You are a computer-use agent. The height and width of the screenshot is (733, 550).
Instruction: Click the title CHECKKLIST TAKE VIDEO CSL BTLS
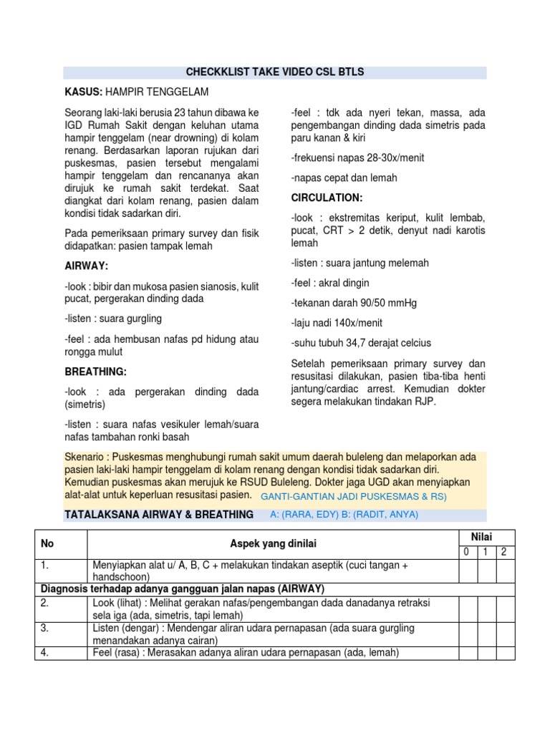point(274,72)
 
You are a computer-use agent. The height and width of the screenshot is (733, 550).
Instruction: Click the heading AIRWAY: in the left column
point(86,266)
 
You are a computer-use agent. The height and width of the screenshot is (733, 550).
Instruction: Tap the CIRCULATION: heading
point(327,197)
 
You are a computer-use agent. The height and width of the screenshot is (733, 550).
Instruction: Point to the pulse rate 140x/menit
point(356,323)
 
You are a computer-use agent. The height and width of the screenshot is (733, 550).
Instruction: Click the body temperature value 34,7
point(365,343)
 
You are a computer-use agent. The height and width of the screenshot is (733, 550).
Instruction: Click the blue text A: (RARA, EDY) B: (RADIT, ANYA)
point(344,515)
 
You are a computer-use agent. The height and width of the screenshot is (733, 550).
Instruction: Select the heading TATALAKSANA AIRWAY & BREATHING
point(159,515)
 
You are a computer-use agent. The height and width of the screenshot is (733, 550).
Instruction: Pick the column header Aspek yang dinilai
point(274,544)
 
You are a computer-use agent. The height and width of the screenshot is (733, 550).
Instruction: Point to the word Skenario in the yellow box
point(85,457)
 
